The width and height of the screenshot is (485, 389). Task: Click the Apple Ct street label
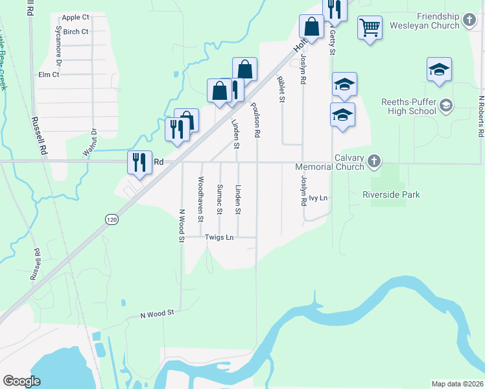(x=76, y=18)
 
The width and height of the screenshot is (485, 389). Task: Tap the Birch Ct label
(x=76, y=31)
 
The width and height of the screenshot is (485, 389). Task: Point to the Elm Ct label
(x=49, y=75)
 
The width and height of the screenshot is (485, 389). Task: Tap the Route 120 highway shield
(x=112, y=220)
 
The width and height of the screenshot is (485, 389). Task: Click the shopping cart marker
(x=370, y=28)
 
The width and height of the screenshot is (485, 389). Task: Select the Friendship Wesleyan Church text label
(x=438, y=21)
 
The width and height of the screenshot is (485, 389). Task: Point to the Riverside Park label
(x=391, y=194)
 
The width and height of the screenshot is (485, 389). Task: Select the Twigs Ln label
(x=219, y=237)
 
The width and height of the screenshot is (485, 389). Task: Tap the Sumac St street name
(x=220, y=199)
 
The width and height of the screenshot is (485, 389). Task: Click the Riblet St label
(x=281, y=89)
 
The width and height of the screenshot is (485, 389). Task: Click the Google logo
(x=21, y=381)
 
